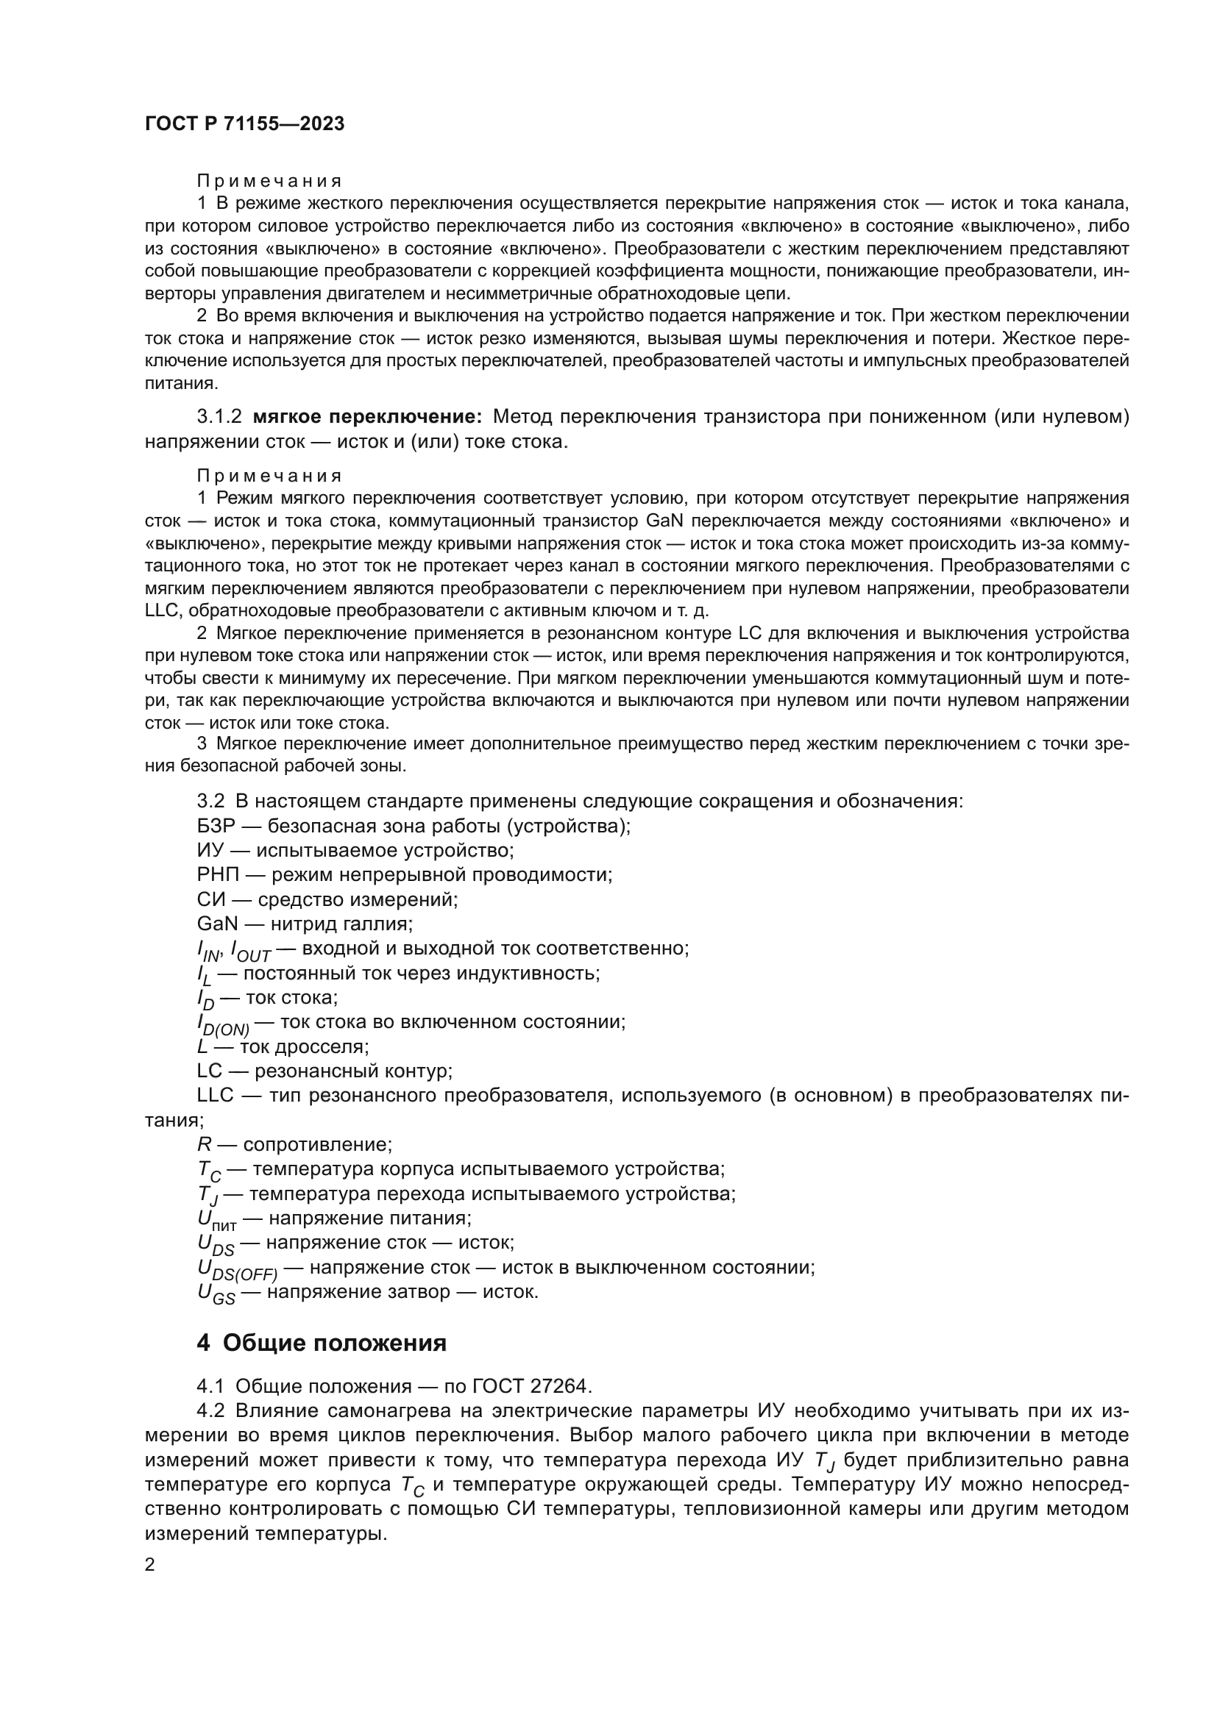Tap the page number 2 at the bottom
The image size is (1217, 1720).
(x=150, y=1564)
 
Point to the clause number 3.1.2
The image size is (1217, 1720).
(x=219, y=416)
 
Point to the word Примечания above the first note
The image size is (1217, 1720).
(x=269, y=182)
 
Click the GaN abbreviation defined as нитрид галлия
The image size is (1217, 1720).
(x=217, y=924)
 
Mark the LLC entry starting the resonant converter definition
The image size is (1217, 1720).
(x=217, y=1096)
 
